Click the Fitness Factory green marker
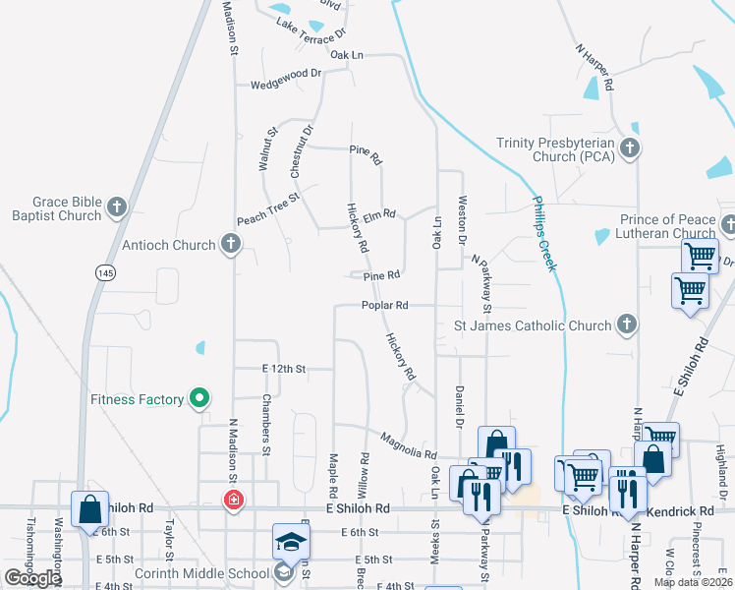coord(199,398)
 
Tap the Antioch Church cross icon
coord(230,244)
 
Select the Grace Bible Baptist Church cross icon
coord(117,206)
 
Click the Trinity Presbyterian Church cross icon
coord(630,149)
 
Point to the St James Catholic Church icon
coord(625,324)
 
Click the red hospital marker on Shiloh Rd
coord(233,501)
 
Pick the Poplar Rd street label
coord(384,305)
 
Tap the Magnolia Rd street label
coord(408,446)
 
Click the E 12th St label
coord(284,369)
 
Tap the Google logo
coord(31,578)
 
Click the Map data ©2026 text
coord(693,582)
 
